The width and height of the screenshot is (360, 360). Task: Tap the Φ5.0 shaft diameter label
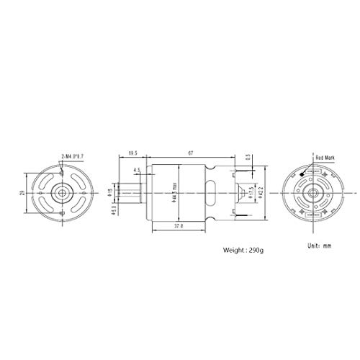tap(114, 212)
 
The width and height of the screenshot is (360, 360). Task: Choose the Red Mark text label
tap(325, 156)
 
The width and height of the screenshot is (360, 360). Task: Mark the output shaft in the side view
tap(130, 195)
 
